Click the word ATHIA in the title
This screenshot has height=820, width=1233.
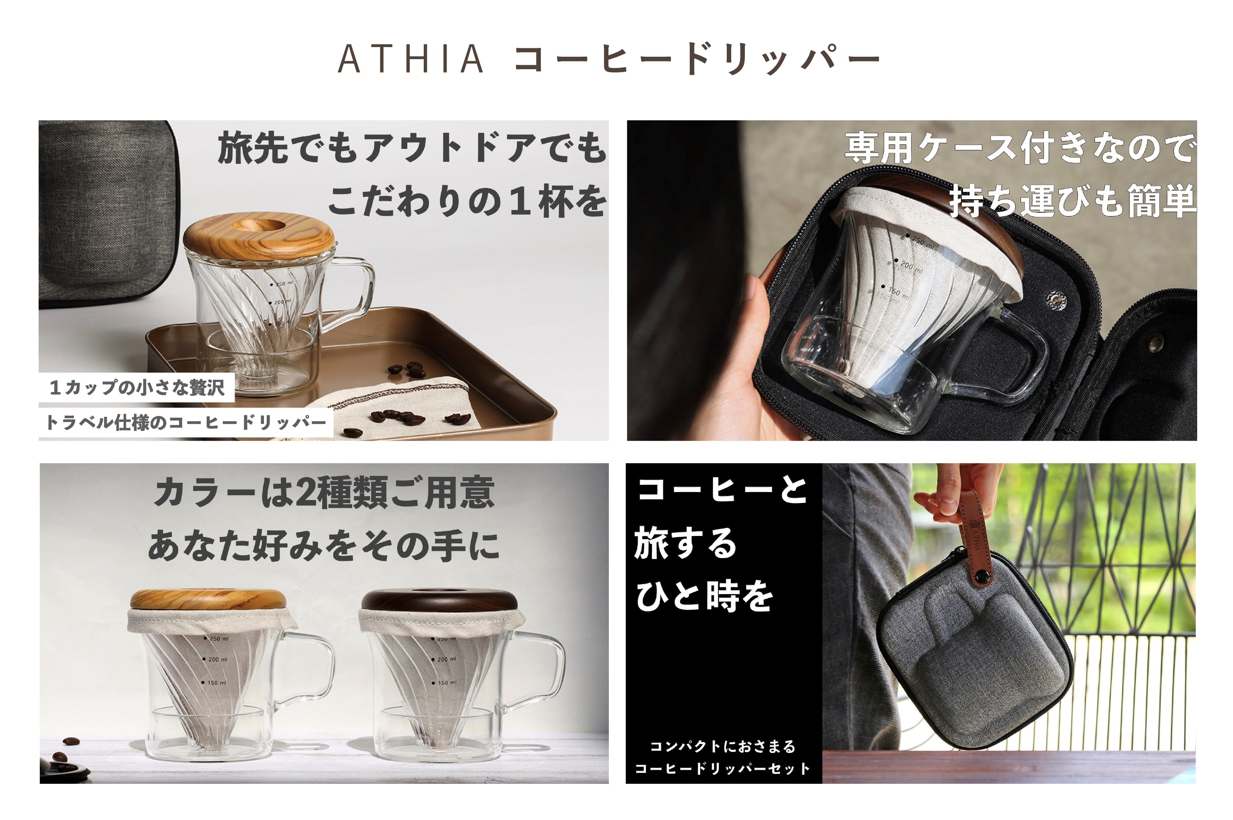coord(411,59)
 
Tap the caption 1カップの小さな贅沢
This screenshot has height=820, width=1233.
coord(137,387)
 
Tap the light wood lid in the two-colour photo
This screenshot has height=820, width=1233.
coord(208,600)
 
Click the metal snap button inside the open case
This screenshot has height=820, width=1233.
coord(1055,299)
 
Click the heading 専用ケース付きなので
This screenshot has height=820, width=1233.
coord(1020,148)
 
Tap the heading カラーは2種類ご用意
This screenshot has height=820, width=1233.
coord(324,492)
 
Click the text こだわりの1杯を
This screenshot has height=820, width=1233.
coord(467,201)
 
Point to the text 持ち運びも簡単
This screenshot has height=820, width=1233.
coord(1072,201)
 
